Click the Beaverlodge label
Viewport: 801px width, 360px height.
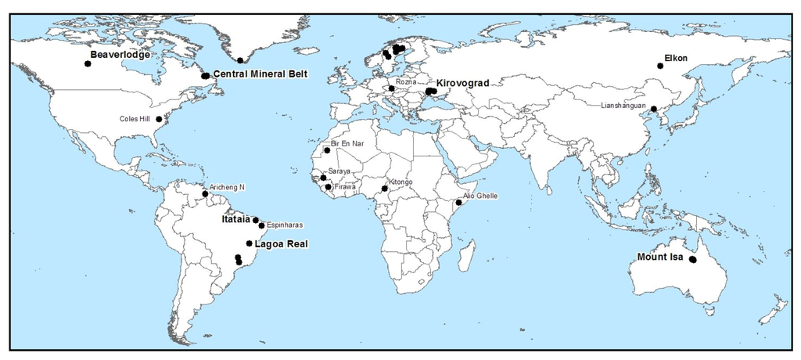pos(120,55)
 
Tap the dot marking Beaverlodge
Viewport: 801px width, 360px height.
pos(88,64)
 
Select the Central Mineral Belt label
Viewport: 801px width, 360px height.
pos(260,74)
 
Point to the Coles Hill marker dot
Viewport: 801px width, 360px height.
pos(159,120)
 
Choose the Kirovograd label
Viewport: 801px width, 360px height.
pos(462,82)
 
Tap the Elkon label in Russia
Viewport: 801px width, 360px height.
pos(676,58)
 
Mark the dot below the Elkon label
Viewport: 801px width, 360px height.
pos(660,67)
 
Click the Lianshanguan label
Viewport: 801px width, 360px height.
pos(623,106)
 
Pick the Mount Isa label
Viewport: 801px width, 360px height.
pos(660,256)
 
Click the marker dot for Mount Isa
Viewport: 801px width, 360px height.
pos(692,260)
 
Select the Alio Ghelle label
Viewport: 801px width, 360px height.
pos(480,196)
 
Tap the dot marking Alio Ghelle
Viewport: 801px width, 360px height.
pos(458,203)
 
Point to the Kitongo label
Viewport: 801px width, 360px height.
pos(400,182)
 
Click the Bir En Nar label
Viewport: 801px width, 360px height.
pos(348,144)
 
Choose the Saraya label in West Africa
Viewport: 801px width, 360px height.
pos(339,171)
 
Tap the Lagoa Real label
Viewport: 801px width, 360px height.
pos(282,244)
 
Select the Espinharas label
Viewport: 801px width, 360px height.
pos(285,225)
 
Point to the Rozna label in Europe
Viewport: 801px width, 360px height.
pos(406,81)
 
